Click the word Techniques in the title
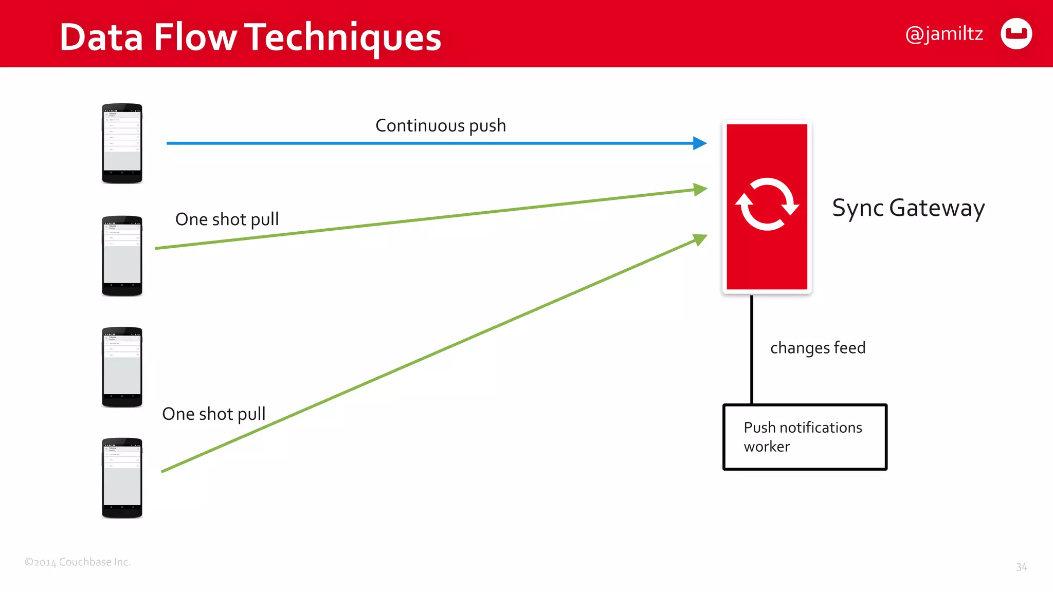[x=342, y=38]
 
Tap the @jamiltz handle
[x=944, y=34]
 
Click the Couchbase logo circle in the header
[x=1016, y=34]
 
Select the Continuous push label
[x=441, y=125]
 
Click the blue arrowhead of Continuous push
[x=700, y=143]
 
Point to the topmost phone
[x=122, y=143]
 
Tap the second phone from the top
[x=122, y=256]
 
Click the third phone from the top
[x=122, y=367]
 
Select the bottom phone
[x=122, y=478]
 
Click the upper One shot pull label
[x=227, y=219]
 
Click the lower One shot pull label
[x=214, y=414]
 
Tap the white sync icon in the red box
[x=767, y=205]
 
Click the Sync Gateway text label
[x=908, y=208]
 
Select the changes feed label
[x=818, y=348]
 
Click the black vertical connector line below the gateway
[x=752, y=349]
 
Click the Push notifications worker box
[x=805, y=437]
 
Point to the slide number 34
[x=1021, y=567]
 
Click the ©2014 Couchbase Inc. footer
[x=78, y=562]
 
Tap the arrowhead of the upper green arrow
[x=700, y=189]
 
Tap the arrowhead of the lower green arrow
[x=700, y=239]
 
